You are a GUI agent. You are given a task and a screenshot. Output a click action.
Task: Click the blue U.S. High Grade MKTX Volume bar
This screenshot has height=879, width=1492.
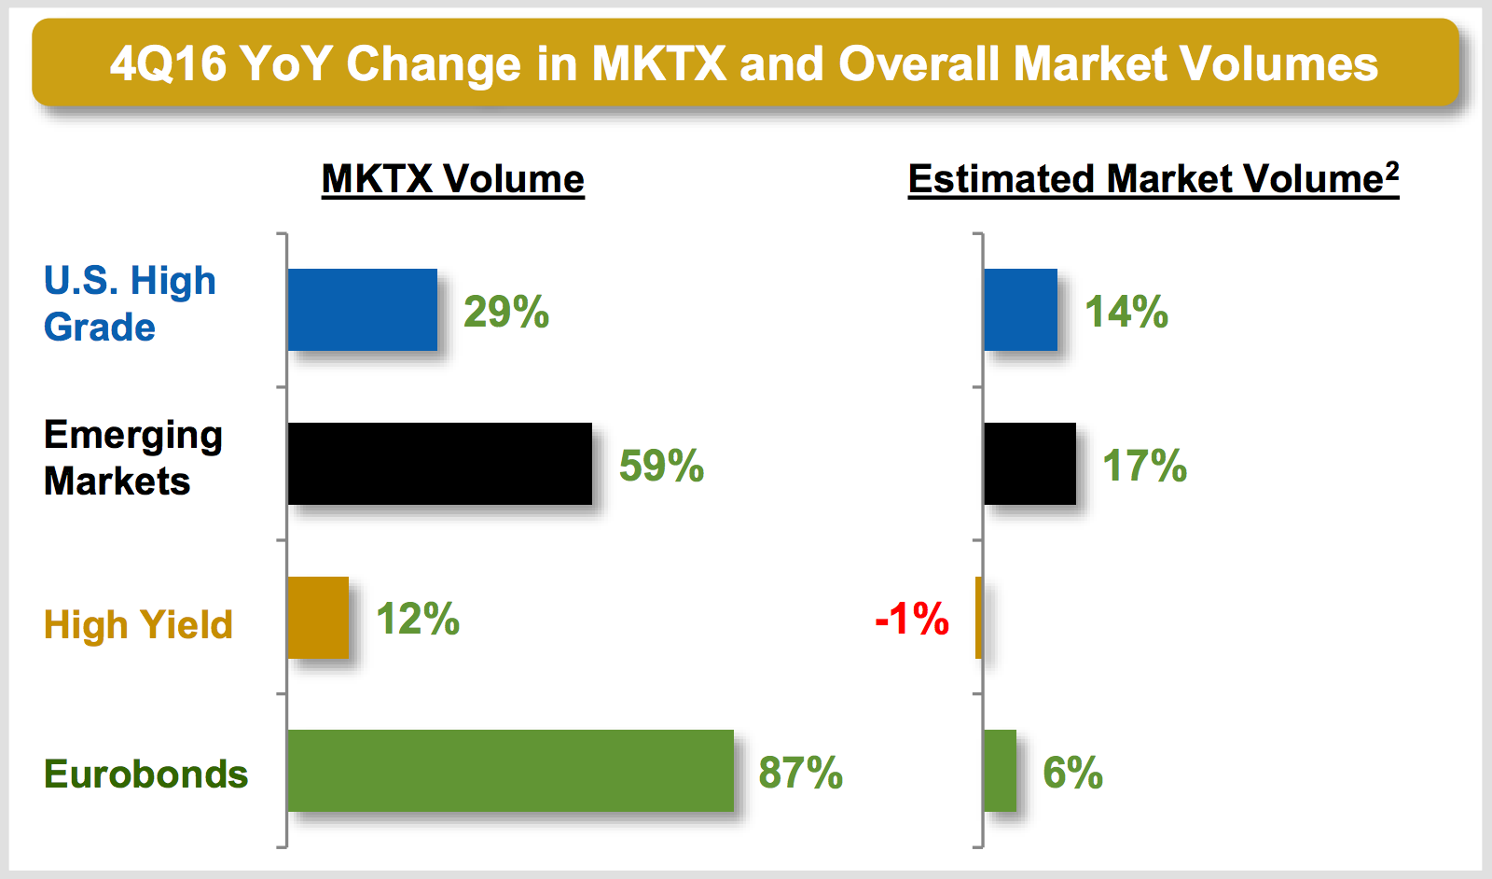(362, 310)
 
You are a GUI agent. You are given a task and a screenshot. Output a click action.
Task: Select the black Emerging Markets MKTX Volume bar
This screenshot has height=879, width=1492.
(439, 464)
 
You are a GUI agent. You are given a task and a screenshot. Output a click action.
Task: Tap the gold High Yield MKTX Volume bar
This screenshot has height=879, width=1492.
(318, 618)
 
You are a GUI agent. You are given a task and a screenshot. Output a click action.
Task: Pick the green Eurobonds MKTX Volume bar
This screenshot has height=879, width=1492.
(510, 771)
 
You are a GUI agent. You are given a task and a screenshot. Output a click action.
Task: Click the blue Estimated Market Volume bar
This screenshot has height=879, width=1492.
(1020, 310)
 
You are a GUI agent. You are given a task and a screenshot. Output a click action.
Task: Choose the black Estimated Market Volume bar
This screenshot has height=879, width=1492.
(1029, 464)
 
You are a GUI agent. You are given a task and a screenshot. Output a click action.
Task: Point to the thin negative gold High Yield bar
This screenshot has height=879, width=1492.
(978, 618)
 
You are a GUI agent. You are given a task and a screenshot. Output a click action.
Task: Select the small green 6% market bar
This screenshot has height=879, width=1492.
(1000, 771)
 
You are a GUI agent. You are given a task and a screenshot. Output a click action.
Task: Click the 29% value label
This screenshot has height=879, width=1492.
(506, 312)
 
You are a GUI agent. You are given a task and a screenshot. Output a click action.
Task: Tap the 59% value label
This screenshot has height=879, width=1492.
(661, 466)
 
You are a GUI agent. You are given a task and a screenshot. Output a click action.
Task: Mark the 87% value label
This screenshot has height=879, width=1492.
(800, 773)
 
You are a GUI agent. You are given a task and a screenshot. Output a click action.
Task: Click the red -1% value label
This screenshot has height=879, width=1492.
(912, 619)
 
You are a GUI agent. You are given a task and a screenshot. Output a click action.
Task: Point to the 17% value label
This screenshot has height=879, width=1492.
(1144, 466)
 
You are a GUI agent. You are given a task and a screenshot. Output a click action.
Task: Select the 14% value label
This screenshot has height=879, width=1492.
(1126, 312)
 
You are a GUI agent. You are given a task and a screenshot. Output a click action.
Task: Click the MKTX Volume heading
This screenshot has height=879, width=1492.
(452, 179)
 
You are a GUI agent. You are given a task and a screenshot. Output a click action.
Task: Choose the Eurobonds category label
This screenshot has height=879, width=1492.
(145, 774)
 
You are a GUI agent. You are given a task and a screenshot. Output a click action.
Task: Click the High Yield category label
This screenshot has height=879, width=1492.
(138, 624)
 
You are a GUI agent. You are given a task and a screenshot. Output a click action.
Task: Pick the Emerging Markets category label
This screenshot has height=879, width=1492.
(132, 458)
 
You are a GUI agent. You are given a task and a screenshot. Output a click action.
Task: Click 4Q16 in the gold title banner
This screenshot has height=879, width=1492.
(168, 64)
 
